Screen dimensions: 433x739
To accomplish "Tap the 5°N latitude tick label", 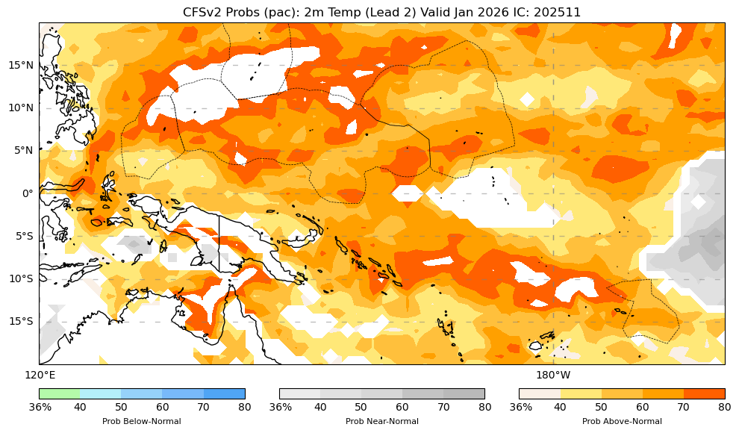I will (x=20, y=150).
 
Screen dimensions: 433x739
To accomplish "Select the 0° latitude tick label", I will (x=27, y=193).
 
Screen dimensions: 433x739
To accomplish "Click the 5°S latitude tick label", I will (x=21, y=236).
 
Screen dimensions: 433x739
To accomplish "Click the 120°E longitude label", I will (x=40, y=375).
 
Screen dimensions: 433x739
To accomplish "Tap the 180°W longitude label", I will (x=553, y=375).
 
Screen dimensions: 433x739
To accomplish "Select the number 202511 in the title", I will (x=557, y=12).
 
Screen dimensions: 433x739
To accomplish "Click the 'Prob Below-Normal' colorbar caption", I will (x=141, y=421).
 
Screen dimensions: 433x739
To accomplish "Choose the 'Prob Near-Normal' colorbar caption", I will (x=381, y=421).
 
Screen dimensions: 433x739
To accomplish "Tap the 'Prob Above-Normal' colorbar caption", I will (x=622, y=421).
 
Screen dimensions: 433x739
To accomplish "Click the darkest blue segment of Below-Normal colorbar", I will (x=224, y=393).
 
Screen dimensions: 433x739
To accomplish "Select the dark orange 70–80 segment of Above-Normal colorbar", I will (x=704, y=393).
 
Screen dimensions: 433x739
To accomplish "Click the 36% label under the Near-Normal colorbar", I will (x=280, y=407).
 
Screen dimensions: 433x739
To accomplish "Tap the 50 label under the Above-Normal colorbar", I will (x=601, y=407).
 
